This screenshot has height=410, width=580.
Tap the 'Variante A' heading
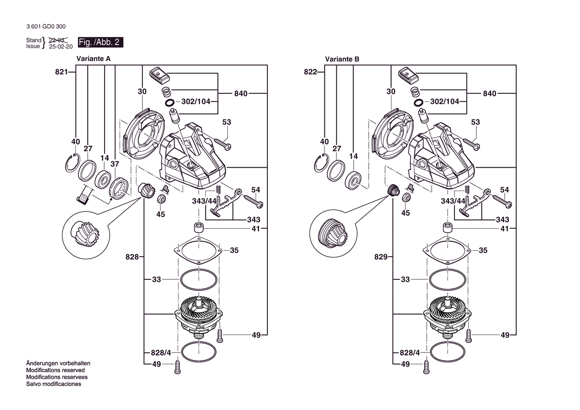(x=94, y=59)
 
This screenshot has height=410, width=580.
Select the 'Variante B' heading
(x=342, y=59)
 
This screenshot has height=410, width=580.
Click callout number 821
(x=62, y=72)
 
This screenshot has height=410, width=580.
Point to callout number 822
(x=311, y=72)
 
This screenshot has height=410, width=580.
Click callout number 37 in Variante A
(x=115, y=164)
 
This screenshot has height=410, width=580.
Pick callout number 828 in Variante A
(x=132, y=257)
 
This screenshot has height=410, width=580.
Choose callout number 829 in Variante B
(x=381, y=257)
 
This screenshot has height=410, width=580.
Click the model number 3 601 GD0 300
(x=46, y=27)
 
